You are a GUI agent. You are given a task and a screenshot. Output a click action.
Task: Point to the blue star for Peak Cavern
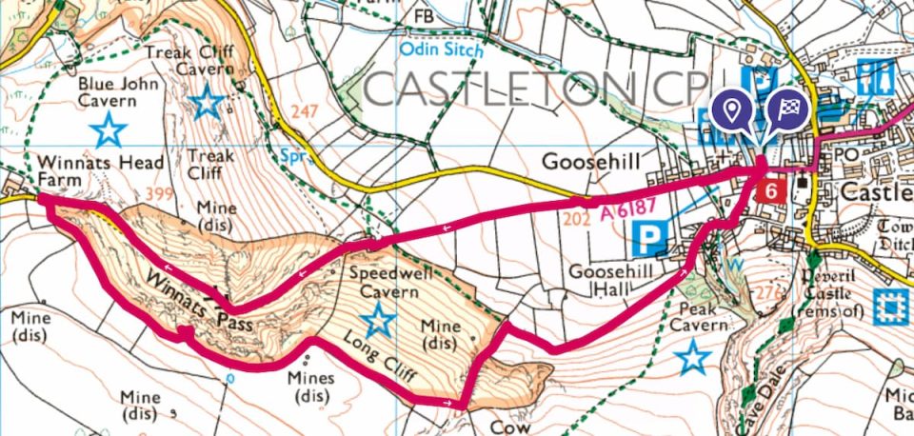pos(693,359)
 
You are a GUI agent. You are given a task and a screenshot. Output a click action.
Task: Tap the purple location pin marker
pos(731,111)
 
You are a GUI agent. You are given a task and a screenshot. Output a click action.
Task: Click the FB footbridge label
pos(422,16)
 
